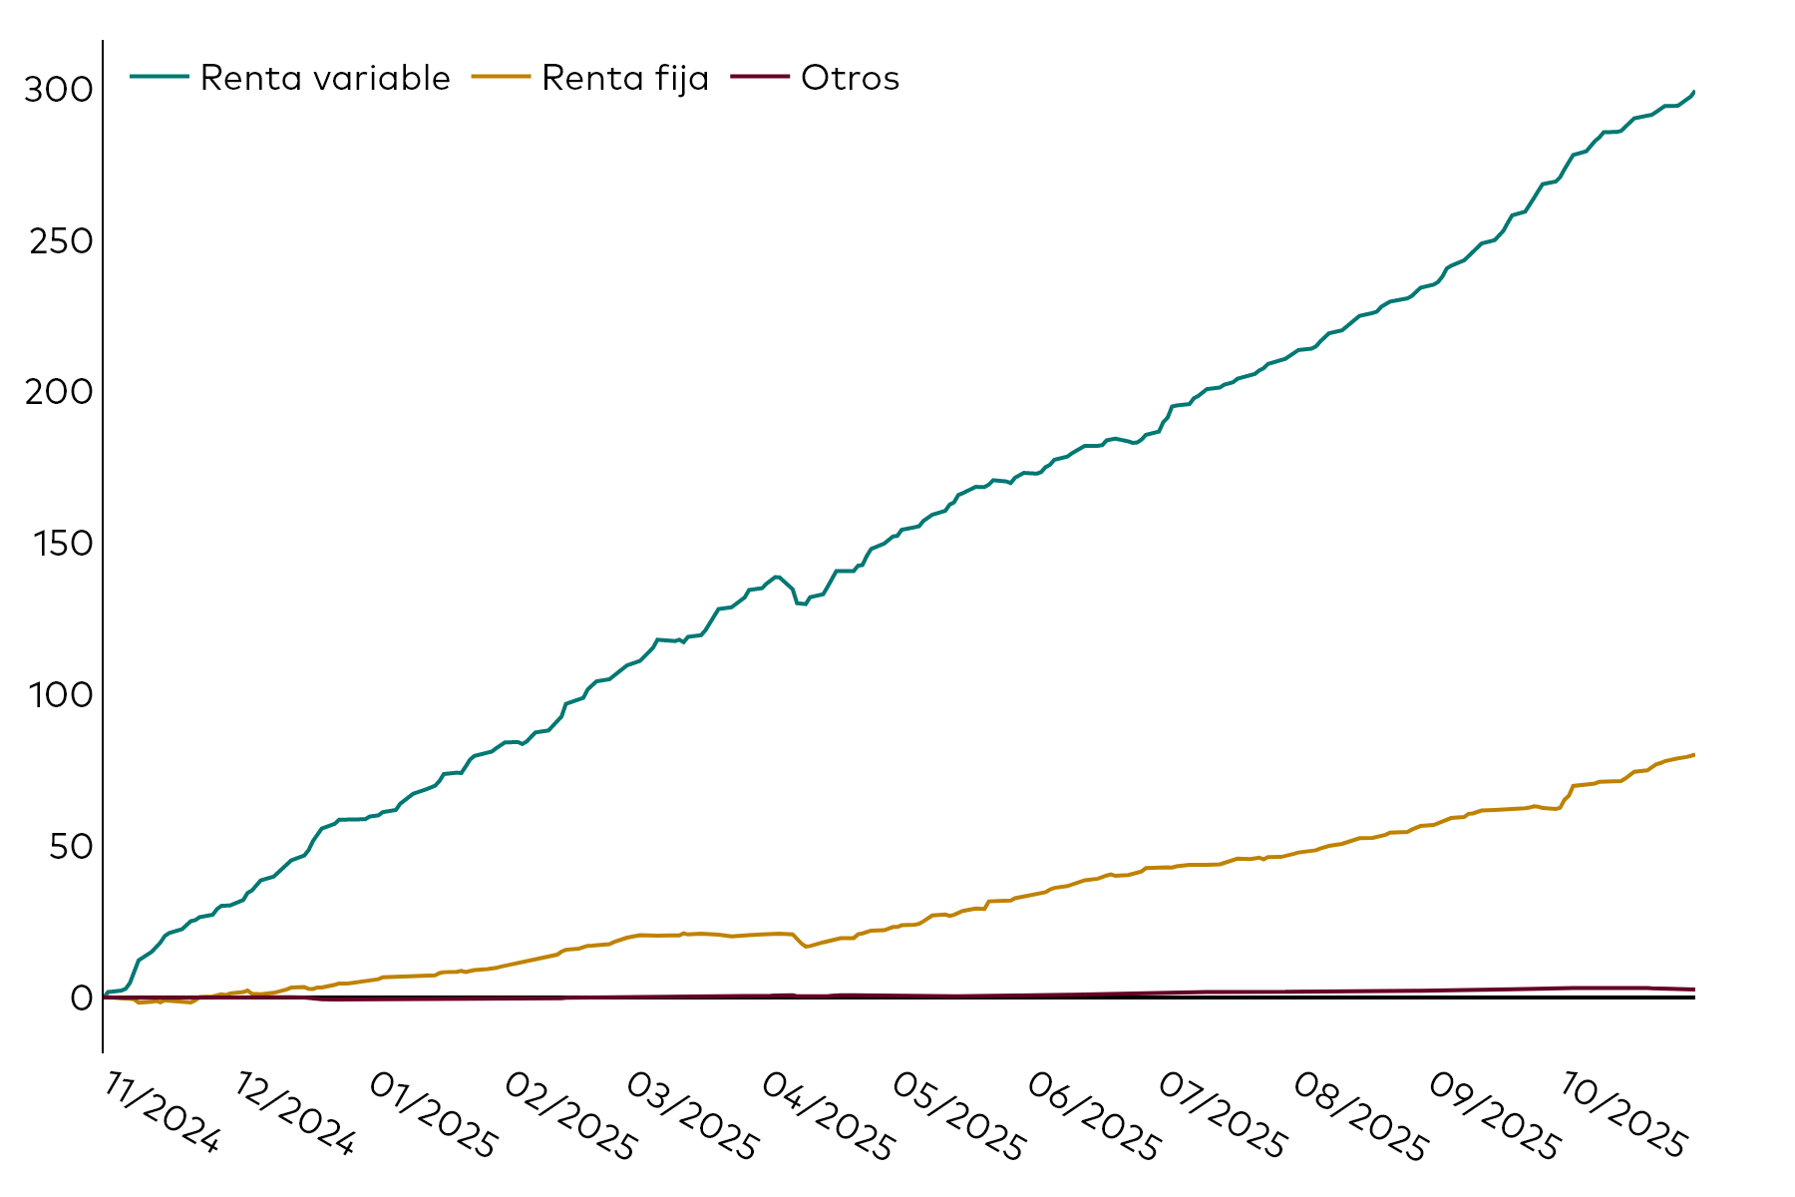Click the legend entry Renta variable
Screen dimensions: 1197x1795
(325, 78)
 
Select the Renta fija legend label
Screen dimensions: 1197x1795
(625, 78)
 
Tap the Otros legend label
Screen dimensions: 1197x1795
(850, 78)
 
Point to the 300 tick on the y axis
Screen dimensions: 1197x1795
(59, 90)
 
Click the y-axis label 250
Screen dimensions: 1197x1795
(59, 241)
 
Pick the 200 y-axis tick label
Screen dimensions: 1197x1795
(59, 392)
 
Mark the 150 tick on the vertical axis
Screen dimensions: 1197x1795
(59, 544)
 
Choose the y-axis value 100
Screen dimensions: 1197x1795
(59, 694)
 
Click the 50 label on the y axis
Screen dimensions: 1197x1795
(69, 846)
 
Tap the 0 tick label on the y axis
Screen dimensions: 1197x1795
(81, 997)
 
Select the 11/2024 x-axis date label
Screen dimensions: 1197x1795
(161, 1113)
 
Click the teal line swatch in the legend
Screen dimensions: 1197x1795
(159, 77)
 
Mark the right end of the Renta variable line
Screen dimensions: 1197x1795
(1693, 92)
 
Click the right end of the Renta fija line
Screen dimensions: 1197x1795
(1693, 755)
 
